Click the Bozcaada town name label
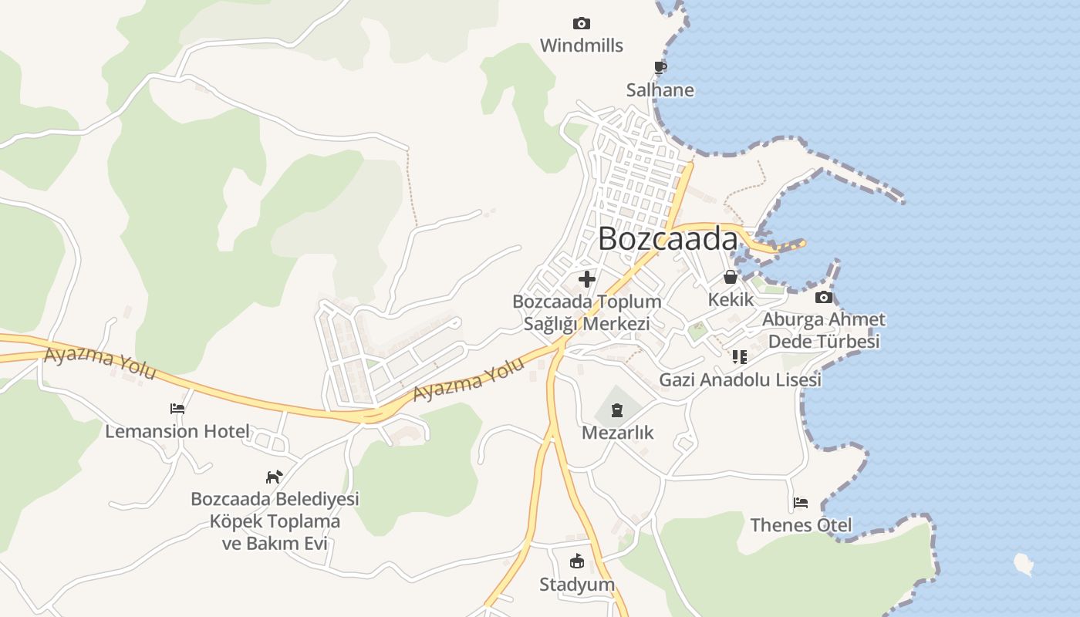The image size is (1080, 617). click(x=667, y=239)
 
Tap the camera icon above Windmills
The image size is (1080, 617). click(x=581, y=24)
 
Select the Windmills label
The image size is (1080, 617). click(x=581, y=46)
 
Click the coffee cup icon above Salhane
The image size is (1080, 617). click(x=660, y=68)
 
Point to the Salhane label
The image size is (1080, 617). click(x=660, y=90)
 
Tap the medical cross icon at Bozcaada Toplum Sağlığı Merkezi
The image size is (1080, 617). click(x=587, y=279)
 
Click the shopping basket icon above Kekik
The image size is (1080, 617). click(x=730, y=277)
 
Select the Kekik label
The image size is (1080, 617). click(x=730, y=299)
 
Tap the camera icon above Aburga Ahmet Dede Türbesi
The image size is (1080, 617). click(x=823, y=298)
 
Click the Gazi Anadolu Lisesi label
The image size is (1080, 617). click(x=740, y=380)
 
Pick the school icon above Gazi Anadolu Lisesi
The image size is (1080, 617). click(x=740, y=357)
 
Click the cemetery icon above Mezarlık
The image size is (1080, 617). click(x=617, y=410)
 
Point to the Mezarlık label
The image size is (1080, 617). click(x=617, y=433)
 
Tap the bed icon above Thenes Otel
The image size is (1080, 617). click(x=801, y=504)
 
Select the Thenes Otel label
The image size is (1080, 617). click(x=801, y=526)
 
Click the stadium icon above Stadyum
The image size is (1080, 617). click(x=577, y=561)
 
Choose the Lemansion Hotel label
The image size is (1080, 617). click(x=177, y=431)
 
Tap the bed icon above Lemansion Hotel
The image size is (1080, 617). click(x=177, y=409)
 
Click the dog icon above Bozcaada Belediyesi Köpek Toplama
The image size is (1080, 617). click(x=274, y=477)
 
